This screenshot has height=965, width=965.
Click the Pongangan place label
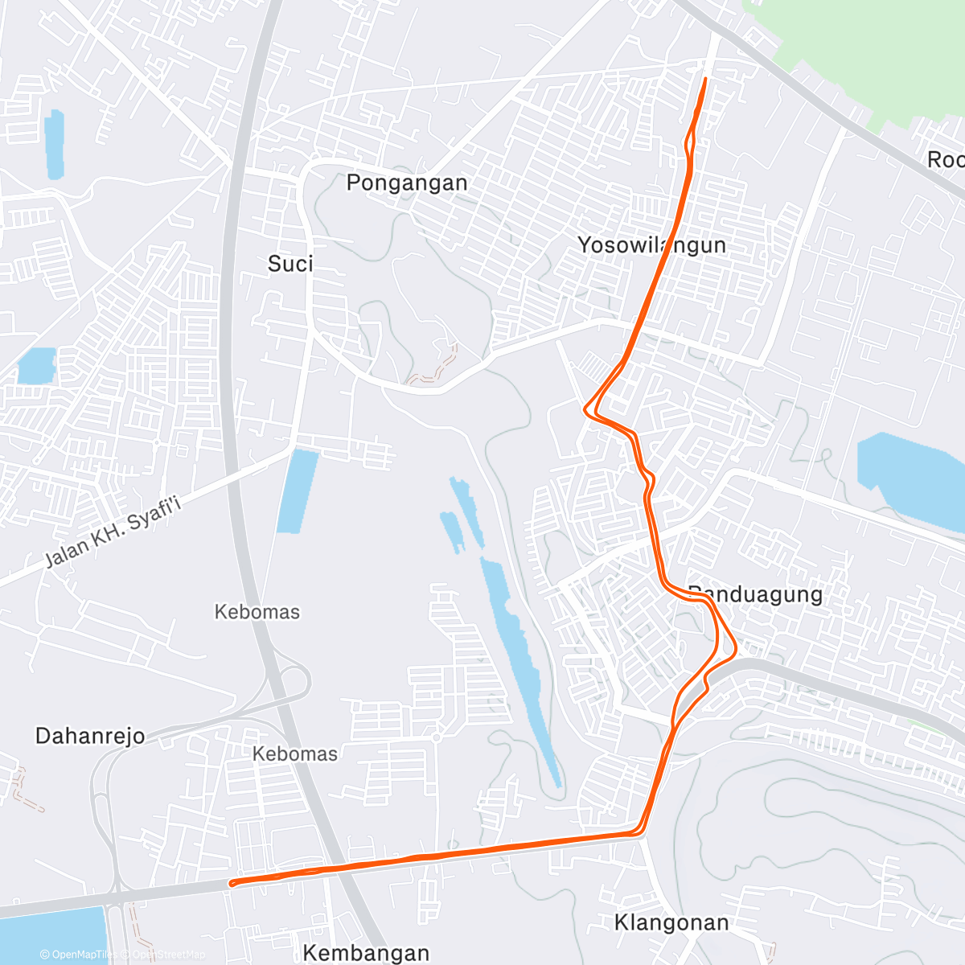pos(407,183)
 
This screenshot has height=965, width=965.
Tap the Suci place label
pos(290,264)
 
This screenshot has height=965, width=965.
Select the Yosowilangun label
pos(651,245)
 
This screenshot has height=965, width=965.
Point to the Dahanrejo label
pos(90,736)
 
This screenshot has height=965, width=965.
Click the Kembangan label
pos(366,953)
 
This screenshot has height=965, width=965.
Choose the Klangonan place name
pos(671,922)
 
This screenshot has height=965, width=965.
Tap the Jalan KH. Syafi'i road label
pos(113,532)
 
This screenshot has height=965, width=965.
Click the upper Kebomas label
pos(257,612)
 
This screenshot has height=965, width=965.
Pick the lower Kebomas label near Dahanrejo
pos(295,754)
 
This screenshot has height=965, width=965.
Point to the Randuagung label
pos(756,594)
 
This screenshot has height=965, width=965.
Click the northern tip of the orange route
pos(705,79)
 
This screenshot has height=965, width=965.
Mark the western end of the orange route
pos(232,884)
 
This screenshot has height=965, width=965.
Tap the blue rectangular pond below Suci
pos(297,491)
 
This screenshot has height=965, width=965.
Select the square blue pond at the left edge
pos(36,366)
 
